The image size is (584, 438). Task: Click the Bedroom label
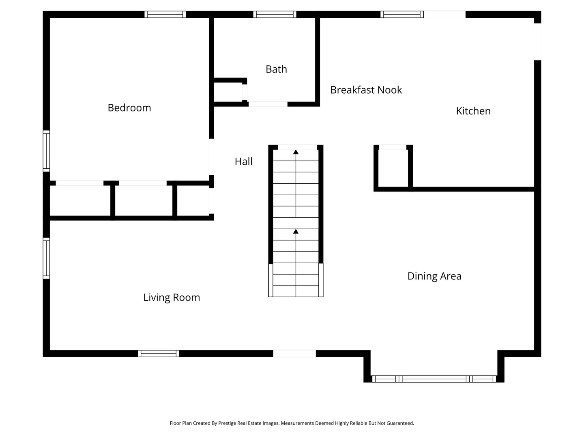[x=129, y=108]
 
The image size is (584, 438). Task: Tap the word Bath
[x=276, y=69]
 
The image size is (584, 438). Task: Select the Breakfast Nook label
[x=366, y=90]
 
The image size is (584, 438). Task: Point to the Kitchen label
[x=473, y=111]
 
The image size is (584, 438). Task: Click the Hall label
[x=243, y=162]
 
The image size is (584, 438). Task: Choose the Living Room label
[x=172, y=298]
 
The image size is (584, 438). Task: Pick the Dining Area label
[x=434, y=276]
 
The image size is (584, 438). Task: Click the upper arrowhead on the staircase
[x=296, y=152]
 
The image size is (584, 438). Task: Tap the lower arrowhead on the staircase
[x=296, y=232]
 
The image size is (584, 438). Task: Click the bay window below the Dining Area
[x=434, y=379]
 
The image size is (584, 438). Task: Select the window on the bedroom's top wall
[x=165, y=15]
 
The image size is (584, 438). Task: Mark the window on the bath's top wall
[x=275, y=15]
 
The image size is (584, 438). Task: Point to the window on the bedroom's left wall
[x=46, y=151]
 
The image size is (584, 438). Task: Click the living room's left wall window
[x=46, y=258]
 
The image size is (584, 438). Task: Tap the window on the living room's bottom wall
[x=158, y=354]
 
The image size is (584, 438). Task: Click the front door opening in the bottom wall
[x=294, y=354]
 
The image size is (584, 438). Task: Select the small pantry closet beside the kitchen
[x=393, y=168]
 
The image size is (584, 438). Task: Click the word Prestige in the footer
[x=227, y=423]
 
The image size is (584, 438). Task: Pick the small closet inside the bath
[x=228, y=92]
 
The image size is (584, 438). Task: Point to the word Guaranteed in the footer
[x=400, y=423]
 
